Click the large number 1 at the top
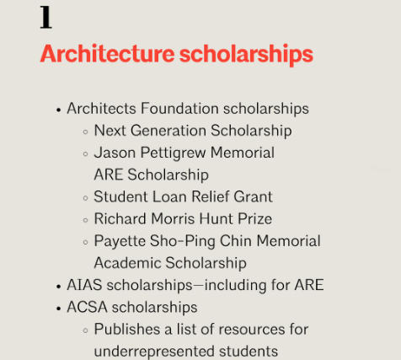point(46,17)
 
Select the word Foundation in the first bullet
point(179,109)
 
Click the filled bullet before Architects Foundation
point(58,110)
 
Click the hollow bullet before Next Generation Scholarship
point(85,132)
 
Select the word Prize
point(253,218)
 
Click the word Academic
point(126,262)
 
